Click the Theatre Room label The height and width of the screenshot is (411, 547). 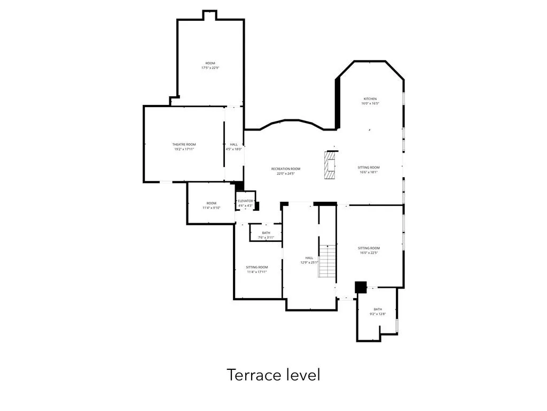[184, 144]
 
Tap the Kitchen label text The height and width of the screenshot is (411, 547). [370, 99]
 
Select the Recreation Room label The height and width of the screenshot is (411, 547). [285, 169]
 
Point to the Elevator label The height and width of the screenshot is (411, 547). [245, 201]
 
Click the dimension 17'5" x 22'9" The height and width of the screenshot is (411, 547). [210, 68]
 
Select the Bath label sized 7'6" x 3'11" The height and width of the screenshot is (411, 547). [265, 233]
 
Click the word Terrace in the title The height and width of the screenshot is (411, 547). [250, 375]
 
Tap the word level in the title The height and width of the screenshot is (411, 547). [301, 375]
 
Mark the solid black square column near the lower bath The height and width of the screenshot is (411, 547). [361, 287]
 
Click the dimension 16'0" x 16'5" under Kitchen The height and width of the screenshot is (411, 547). [370, 104]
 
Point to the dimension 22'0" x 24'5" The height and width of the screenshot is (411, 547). [285, 173]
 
